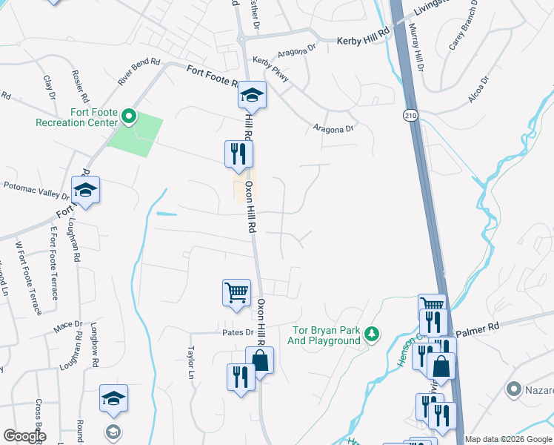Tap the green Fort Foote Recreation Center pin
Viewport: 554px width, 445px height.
(x=129, y=116)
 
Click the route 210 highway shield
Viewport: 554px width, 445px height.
(x=411, y=115)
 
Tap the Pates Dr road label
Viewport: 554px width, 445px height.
(x=238, y=332)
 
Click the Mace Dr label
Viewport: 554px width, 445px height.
(x=67, y=325)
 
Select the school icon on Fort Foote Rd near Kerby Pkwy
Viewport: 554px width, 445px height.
(x=252, y=94)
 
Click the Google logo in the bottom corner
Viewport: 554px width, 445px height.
(x=25, y=435)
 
